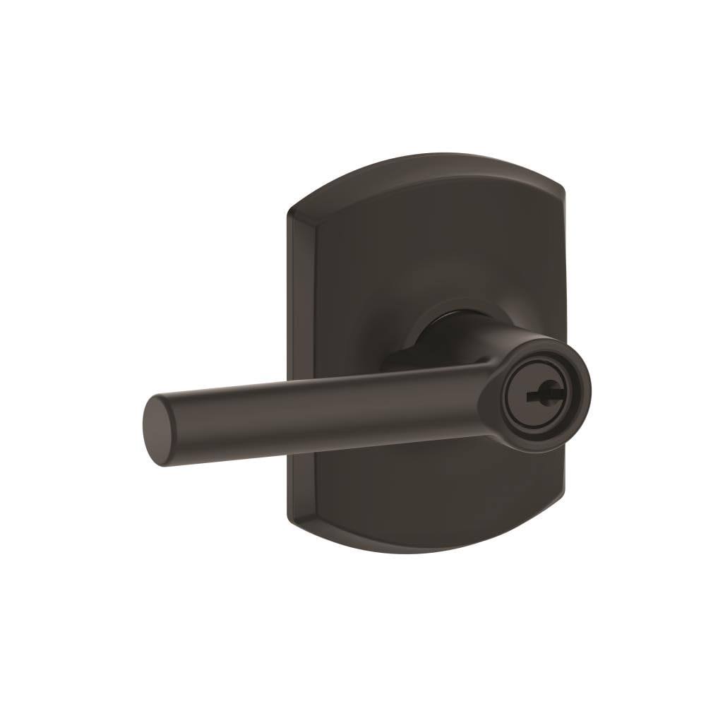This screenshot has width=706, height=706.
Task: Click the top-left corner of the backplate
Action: (291, 211)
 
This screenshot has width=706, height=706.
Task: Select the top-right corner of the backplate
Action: (563, 185)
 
